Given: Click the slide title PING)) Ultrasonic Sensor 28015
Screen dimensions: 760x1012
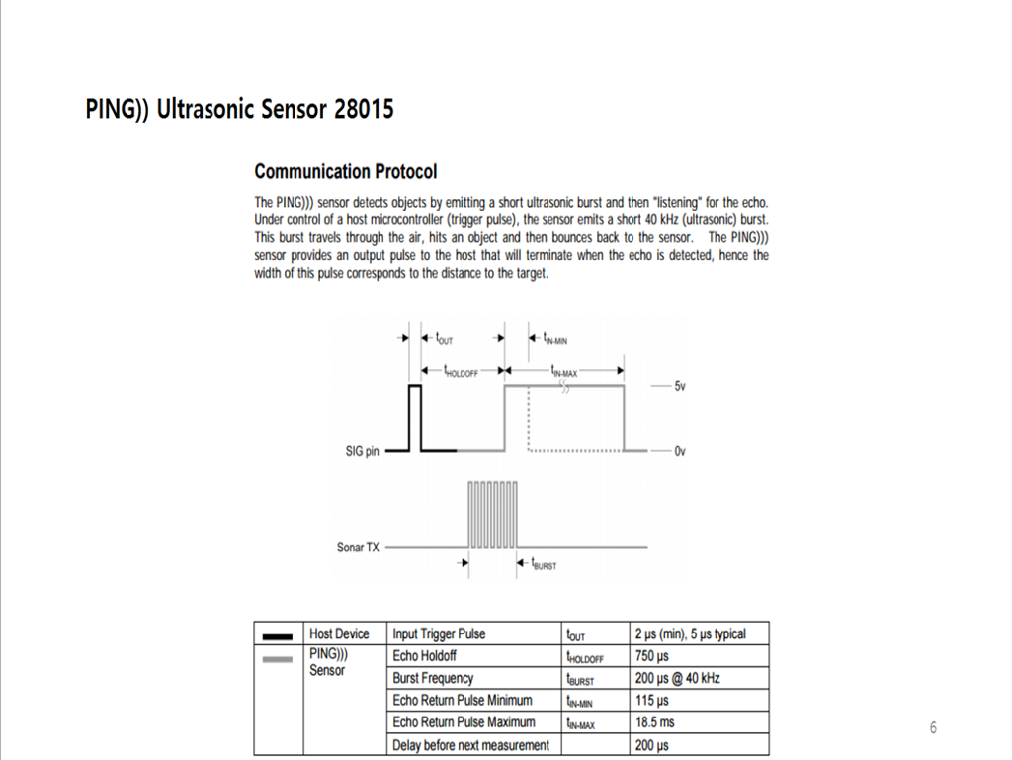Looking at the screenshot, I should coord(239,109).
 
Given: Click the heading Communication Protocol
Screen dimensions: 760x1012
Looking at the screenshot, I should coord(345,172).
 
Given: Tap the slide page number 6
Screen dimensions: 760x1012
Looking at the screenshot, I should coord(932,728).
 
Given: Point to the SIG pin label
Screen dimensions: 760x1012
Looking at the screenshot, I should coord(362,451).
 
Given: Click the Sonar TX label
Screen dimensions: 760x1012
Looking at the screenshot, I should coord(358,547).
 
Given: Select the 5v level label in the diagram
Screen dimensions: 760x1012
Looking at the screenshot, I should coord(679,387).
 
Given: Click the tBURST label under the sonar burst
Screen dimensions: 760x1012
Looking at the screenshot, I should coord(544,565).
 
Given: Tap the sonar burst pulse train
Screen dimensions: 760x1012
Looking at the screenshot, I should coord(492,514).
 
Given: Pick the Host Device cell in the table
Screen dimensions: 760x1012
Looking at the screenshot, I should coord(339,633).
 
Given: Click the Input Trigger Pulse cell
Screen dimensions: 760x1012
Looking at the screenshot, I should coord(439,633).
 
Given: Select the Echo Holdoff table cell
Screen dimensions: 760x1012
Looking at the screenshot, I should coord(425,656).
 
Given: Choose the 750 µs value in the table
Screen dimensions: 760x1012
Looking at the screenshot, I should coord(652,656).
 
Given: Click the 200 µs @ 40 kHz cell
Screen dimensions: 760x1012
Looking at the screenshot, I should coord(677,678).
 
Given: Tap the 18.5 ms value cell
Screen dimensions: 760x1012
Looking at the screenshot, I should coord(654,722).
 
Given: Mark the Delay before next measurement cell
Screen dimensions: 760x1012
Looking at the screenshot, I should coord(470,745).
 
